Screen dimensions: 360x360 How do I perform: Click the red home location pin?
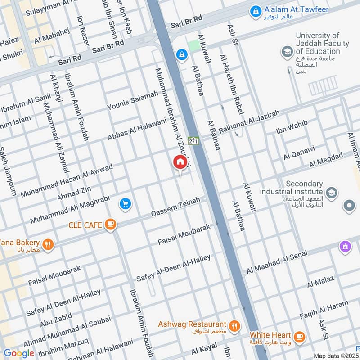coord(180,162)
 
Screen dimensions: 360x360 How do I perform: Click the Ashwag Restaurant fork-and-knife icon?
coord(234,326)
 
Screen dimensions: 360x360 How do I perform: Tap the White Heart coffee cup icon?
coord(298,336)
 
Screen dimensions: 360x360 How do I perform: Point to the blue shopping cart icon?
coord(126,204)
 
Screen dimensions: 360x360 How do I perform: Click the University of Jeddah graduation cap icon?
coord(287,52)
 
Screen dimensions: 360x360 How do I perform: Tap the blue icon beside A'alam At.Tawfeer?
coord(256,10)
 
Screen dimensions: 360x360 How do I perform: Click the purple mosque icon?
coord(345,247)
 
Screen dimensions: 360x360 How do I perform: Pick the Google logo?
coord(18,353)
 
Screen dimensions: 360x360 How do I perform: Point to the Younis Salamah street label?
coord(133,100)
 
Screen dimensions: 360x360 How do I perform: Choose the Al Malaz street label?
coord(320,282)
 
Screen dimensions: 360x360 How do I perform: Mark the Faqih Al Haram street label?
coord(324,311)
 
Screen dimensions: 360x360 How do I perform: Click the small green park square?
coord(194,46)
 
